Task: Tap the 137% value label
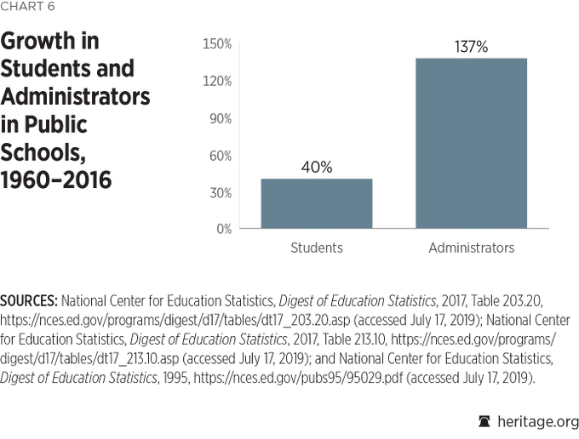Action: click(471, 48)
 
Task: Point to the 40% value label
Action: click(317, 168)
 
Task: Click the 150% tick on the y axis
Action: click(217, 44)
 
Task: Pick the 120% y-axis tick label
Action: click(217, 81)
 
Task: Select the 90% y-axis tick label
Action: click(220, 118)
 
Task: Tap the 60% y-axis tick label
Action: click(220, 155)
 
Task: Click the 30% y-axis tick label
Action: click(220, 192)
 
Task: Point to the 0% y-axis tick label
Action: click(223, 229)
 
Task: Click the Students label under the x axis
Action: click(317, 248)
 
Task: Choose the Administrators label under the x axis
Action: click(471, 248)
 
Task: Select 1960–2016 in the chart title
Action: click(56, 180)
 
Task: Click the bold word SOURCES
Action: click(29, 301)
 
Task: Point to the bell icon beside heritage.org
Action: click(485, 421)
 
